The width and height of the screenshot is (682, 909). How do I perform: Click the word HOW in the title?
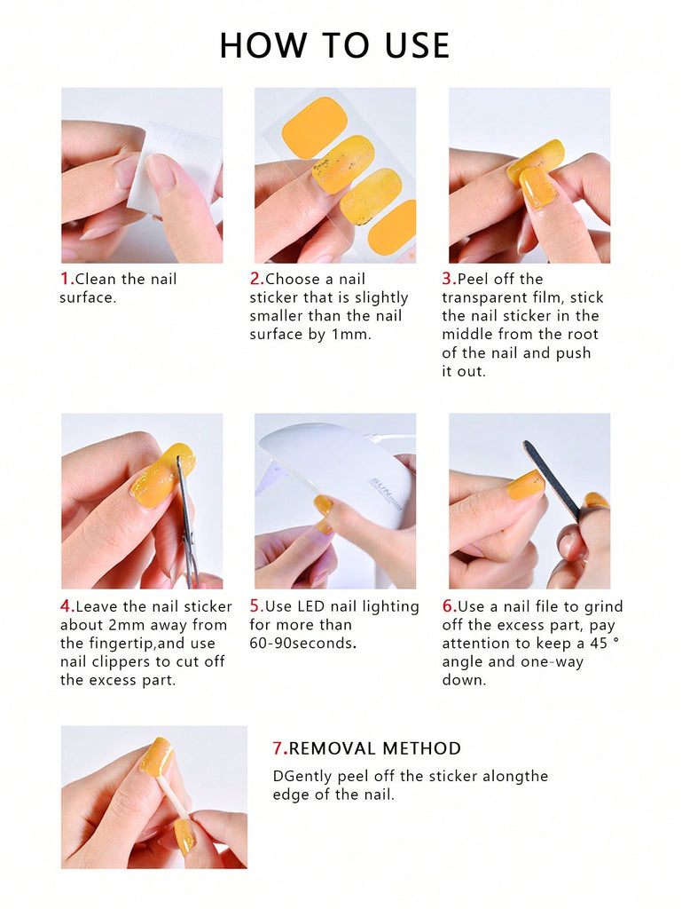(264, 46)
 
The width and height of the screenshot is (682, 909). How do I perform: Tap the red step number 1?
(66, 279)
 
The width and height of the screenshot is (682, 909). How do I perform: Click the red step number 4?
(66, 606)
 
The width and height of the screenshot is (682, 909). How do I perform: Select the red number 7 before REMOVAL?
(278, 748)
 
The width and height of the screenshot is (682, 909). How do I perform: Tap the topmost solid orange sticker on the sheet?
(314, 127)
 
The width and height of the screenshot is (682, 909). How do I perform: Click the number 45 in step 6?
(599, 644)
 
